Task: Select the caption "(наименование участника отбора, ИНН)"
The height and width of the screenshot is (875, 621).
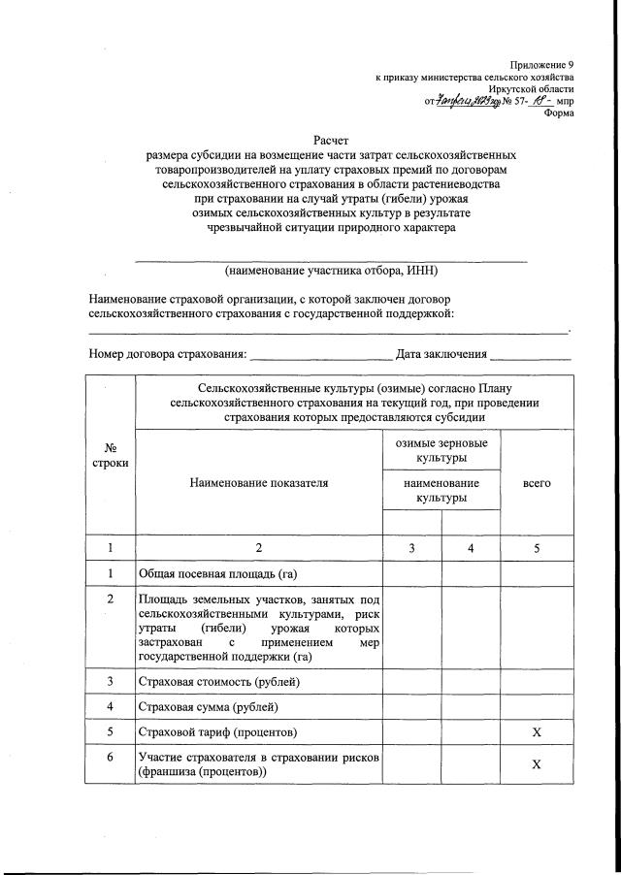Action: click(x=330, y=271)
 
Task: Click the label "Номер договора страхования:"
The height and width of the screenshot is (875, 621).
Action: click(x=167, y=355)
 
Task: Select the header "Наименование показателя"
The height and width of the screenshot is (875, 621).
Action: click(x=259, y=482)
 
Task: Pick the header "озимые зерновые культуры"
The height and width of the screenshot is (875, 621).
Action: click(x=441, y=450)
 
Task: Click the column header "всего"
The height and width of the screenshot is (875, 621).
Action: click(x=537, y=482)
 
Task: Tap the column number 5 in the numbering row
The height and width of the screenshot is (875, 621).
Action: click(x=537, y=548)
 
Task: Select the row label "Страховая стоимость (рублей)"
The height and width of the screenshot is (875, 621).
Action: click(x=219, y=682)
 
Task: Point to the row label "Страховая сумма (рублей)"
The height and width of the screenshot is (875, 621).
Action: click(x=209, y=706)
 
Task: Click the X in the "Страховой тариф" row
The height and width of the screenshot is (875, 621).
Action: click(x=537, y=730)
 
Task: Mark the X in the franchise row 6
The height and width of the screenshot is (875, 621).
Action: click(x=537, y=764)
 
